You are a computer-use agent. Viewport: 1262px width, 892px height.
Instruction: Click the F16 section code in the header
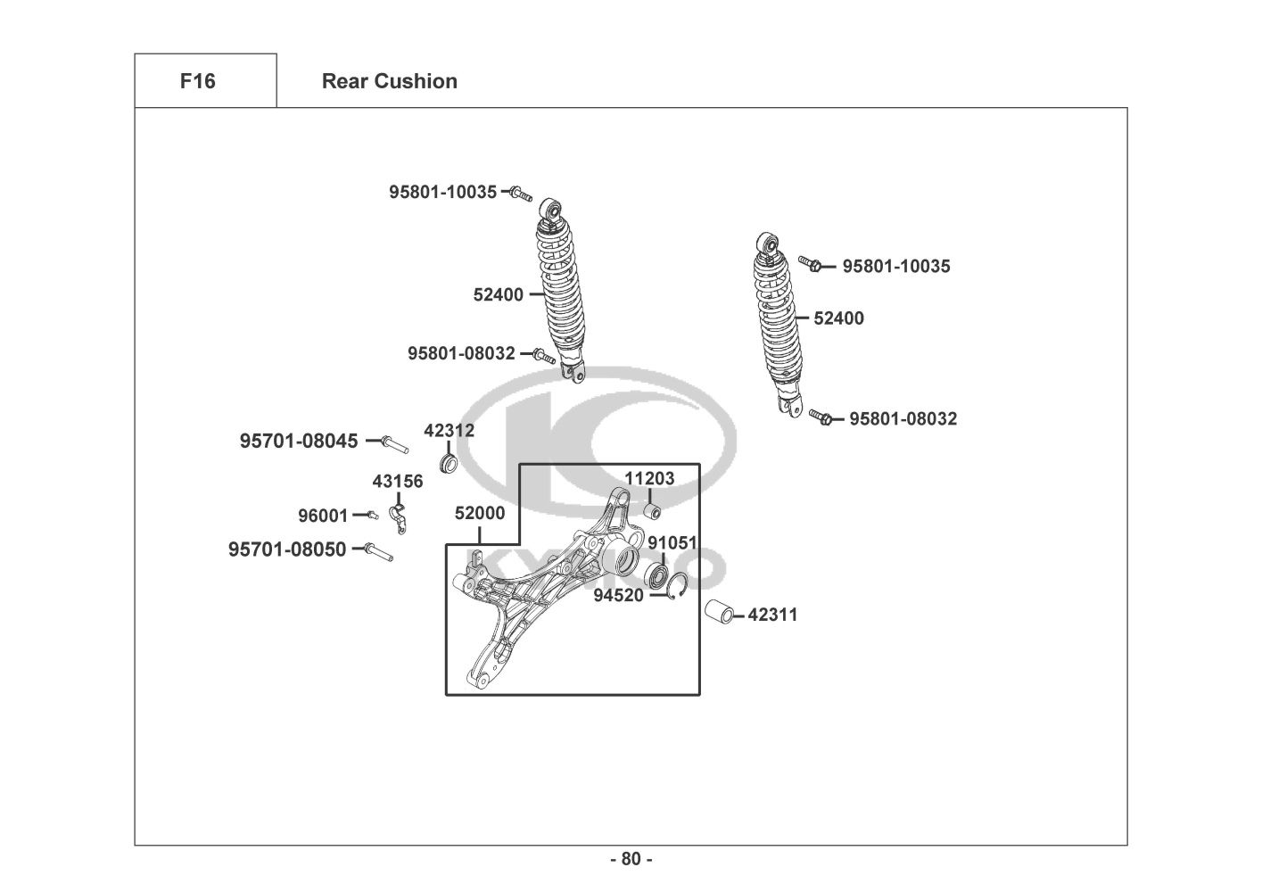(x=197, y=81)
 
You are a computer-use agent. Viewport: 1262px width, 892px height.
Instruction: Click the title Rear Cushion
(x=390, y=81)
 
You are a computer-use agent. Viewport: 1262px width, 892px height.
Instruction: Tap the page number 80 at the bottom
(x=631, y=859)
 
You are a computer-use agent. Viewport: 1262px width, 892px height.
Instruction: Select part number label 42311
(x=772, y=615)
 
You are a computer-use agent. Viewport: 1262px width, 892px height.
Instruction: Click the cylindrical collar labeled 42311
(x=719, y=612)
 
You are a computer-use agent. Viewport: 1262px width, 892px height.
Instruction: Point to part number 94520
(x=618, y=595)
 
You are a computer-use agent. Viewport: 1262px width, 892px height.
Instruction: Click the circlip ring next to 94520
(x=677, y=586)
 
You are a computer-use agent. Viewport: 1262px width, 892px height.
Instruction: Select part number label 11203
(x=649, y=478)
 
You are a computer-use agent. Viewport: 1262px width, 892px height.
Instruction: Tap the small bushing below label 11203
(x=652, y=512)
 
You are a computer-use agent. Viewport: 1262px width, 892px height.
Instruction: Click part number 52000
(x=480, y=513)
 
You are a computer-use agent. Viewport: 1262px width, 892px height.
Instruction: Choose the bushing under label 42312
(x=448, y=465)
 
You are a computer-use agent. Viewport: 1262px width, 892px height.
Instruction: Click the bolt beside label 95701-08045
(x=394, y=444)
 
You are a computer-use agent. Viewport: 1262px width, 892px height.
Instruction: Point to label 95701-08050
(x=287, y=549)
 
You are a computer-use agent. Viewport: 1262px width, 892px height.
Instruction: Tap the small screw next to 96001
(x=373, y=515)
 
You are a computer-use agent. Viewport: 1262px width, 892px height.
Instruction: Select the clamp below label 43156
(x=399, y=519)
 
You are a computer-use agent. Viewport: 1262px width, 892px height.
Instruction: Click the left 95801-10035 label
(x=443, y=192)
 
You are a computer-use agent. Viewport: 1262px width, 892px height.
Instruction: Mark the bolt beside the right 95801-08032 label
(x=821, y=417)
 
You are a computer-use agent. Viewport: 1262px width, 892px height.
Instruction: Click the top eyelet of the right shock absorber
(x=769, y=244)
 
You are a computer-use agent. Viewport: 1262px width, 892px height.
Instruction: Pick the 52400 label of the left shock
(x=498, y=294)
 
